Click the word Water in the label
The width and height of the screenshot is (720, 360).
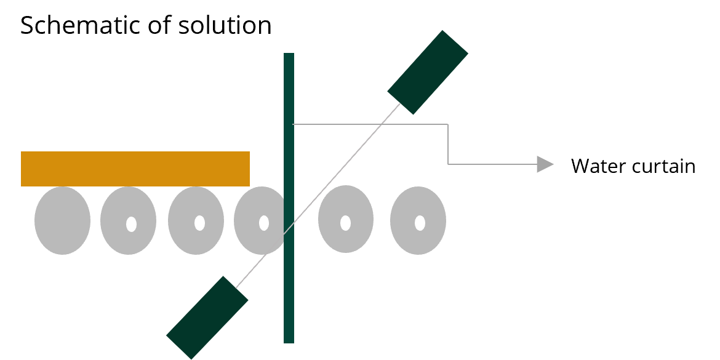[x=598, y=166]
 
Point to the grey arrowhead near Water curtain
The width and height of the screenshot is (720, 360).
[x=545, y=164]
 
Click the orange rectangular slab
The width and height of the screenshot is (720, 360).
[x=135, y=169]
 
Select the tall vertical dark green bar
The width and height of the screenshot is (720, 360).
[x=289, y=198]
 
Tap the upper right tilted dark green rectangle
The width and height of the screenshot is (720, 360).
[x=428, y=72]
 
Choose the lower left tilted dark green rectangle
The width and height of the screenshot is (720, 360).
[x=207, y=318]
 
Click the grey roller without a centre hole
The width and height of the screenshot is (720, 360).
[x=62, y=221]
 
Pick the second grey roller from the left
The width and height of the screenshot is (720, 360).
[x=128, y=221]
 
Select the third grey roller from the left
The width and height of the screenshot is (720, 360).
[x=196, y=221]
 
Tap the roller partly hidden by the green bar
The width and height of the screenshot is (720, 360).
[x=260, y=220]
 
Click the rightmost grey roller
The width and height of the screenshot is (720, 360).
[x=418, y=220]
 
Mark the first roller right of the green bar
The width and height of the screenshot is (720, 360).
[x=346, y=219]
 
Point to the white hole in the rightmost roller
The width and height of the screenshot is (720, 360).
[x=420, y=223]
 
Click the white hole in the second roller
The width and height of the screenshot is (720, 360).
[x=131, y=224]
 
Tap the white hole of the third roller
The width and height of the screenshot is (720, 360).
[x=199, y=223]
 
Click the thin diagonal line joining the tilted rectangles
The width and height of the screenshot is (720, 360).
[x=318, y=196]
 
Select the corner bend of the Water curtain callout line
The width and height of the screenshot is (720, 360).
[x=448, y=124]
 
